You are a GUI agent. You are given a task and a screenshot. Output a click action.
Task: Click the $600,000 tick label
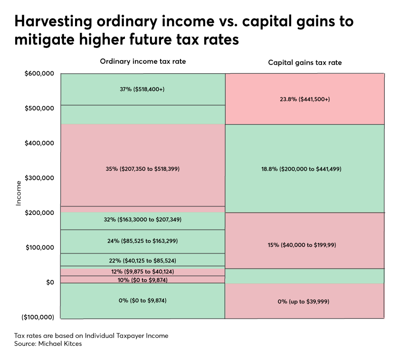[x=39, y=73]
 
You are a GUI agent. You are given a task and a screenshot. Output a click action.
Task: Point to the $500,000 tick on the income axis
[x=39, y=108]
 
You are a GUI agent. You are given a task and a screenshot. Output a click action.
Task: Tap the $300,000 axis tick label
[x=39, y=178]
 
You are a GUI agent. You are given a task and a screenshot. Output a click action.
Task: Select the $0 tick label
[x=50, y=282]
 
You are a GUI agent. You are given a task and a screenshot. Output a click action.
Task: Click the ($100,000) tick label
[x=38, y=317]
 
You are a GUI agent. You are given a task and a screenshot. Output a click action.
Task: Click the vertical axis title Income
[x=19, y=193]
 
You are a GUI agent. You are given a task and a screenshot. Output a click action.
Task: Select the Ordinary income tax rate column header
[x=143, y=61]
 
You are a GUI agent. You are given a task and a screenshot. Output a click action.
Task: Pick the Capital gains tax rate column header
[x=305, y=63]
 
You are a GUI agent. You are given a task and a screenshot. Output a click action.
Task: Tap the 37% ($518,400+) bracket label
[x=142, y=89]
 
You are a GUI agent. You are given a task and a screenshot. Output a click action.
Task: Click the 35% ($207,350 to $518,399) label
[x=142, y=169]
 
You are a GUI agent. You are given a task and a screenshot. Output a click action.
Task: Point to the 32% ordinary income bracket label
[x=142, y=220]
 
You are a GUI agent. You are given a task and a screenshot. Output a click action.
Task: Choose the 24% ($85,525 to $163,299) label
[x=142, y=241]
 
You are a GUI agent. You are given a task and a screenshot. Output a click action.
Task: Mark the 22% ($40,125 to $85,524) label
[x=142, y=261]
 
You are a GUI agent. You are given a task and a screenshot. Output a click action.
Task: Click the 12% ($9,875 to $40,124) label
[x=142, y=272]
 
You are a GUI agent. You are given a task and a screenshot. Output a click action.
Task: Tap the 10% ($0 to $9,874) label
[x=142, y=280]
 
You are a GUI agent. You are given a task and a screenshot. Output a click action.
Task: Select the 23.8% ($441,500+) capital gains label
[x=305, y=99]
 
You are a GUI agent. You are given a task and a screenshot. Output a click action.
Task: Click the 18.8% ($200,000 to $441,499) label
[x=301, y=169]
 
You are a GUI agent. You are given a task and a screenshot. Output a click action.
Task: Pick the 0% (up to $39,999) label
[x=304, y=302]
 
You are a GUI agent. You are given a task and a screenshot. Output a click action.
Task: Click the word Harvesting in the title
[x=53, y=21]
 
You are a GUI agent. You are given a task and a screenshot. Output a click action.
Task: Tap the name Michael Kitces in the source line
[x=60, y=344]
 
